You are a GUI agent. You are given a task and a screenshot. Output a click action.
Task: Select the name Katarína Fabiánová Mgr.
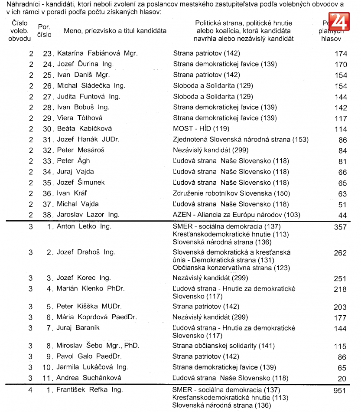[x=97, y=53]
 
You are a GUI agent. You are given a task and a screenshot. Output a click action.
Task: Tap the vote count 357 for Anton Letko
[x=341, y=226]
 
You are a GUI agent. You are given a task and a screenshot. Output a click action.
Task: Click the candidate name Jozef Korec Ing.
[x=84, y=278]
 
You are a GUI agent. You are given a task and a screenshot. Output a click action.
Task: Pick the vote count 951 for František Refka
[x=341, y=390]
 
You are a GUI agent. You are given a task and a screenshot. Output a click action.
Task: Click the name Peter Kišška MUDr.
[x=89, y=307]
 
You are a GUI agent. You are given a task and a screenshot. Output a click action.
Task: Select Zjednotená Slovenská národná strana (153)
[x=241, y=139]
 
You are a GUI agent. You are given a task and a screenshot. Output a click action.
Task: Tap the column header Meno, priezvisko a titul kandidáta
[x=115, y=31]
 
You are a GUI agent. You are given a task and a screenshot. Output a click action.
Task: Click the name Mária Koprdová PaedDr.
[x=97, y=317]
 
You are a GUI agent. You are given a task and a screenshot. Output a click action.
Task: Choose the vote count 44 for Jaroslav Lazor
[x=342, y=215]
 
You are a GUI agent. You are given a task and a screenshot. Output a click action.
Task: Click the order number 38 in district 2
[x=47, y=215]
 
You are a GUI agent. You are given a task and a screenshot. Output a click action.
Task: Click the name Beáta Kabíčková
[x=84, y=128]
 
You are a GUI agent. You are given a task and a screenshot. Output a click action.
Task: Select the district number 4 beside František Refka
[x=30, y=390]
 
